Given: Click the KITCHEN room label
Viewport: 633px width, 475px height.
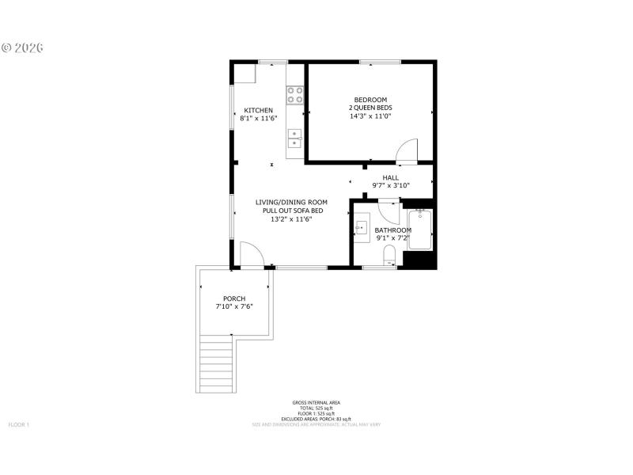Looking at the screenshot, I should click(259, 110).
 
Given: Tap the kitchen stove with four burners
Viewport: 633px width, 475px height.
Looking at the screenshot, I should click(295, 95).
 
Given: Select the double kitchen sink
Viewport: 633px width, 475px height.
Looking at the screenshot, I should click(294, 139).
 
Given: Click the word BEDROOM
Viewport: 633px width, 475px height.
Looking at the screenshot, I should click(370, 100).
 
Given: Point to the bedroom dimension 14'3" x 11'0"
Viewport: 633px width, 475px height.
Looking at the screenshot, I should click(370, 116).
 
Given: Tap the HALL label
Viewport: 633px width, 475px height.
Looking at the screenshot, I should click(391, 177).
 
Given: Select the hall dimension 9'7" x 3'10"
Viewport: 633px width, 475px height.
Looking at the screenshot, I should click(391, 186).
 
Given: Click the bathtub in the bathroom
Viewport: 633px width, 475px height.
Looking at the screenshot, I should click(419, 229).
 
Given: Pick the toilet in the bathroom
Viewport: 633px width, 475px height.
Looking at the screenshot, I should click(389, 255).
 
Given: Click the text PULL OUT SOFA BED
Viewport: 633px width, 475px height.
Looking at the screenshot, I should click(291, 211).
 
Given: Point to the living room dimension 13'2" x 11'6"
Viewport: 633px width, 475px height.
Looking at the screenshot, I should click(291, 219).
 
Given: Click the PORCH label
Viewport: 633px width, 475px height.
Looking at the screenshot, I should click(234, 298).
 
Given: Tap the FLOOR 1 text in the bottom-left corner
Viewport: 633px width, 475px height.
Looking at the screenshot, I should click(18, 425).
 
